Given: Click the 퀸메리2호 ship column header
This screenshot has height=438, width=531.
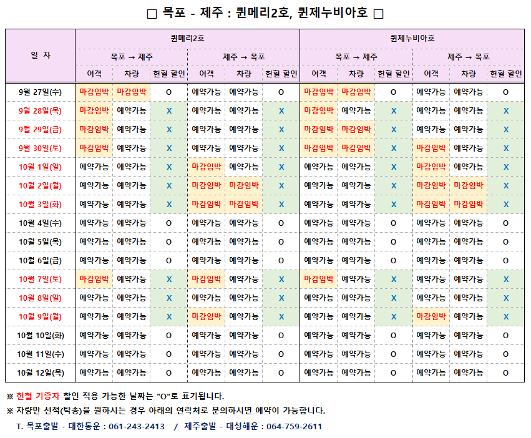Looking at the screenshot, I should tap(187, 38).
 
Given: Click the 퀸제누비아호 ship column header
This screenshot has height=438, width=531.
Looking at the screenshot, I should tap(412, 38).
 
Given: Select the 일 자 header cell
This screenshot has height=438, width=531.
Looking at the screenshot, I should tap(41, 56).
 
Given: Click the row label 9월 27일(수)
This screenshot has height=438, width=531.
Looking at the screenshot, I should tap(41, 92).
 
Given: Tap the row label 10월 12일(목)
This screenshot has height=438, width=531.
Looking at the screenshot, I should tap(41, 373).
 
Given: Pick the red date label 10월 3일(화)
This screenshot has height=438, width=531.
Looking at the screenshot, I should tap(41, 205).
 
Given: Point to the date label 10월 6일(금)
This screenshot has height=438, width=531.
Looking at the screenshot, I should tap(41, 261).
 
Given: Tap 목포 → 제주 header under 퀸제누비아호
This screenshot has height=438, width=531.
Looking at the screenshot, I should tap(356, 57).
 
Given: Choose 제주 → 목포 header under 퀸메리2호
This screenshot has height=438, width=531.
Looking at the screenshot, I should tap(243, 57).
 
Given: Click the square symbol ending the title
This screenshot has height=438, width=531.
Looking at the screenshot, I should tap(378, 14).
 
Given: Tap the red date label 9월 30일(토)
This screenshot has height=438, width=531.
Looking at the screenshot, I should tap(41, 148).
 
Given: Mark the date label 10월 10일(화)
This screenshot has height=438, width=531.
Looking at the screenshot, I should tap(41, 336).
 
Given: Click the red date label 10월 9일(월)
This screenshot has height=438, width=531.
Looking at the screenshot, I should tap(41, 317).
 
